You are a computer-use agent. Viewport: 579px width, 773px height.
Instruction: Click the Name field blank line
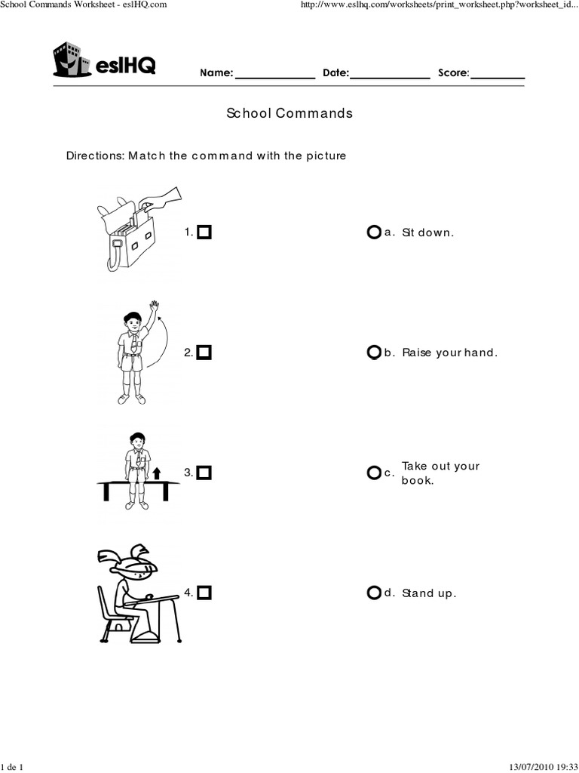pos(275,75)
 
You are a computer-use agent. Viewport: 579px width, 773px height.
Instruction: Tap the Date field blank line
pos(390,75)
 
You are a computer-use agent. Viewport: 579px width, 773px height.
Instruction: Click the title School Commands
pos(289,113)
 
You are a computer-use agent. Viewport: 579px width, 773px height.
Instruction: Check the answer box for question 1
pos(204,233)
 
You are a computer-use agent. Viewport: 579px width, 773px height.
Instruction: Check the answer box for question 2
pos(204,353)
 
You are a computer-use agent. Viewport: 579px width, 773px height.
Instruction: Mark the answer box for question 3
pos(204,473)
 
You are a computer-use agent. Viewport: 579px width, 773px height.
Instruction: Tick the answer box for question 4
pos(204,593)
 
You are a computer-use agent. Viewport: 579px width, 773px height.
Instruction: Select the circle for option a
pos(374,233)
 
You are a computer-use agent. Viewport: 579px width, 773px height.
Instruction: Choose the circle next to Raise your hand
pos(374,353)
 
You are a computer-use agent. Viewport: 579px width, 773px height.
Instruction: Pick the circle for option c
pos(374,473)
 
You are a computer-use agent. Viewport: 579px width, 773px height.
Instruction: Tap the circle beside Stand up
pos(374,593)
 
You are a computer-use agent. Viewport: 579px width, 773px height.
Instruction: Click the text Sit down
pos(428,233)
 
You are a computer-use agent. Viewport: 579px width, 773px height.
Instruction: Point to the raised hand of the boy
pos(155,306)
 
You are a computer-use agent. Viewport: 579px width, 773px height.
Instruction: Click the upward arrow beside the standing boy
pos(156,473)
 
